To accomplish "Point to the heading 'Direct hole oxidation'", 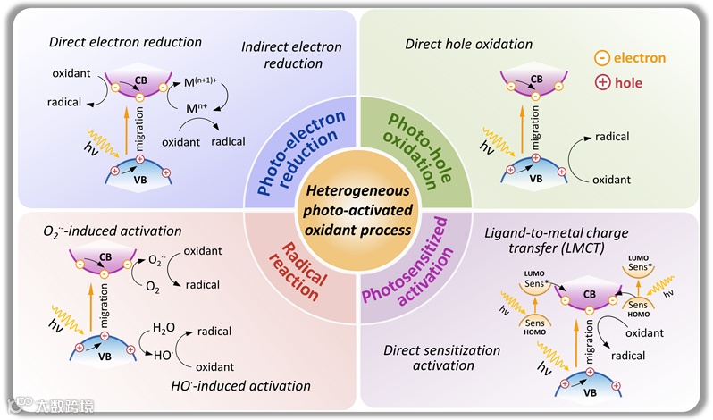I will pyautogui.click(x=468, y=43).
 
